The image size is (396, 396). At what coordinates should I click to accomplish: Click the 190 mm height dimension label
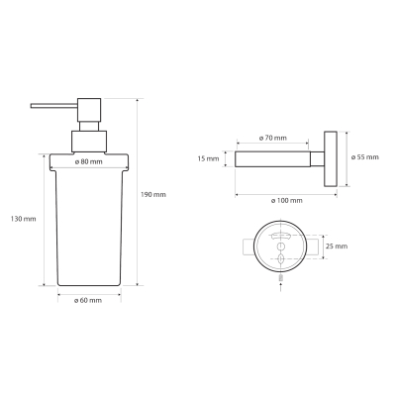(153, 195)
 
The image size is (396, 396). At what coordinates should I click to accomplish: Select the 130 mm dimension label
(23, 219)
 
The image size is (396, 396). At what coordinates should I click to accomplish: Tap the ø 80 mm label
(89, 161)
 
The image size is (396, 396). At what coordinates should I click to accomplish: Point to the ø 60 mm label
(88, 300)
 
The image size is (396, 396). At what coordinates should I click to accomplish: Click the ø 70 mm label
(273, 138)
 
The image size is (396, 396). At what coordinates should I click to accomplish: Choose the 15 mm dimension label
(208, 159)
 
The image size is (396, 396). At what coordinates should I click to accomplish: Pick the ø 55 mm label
(365, 157)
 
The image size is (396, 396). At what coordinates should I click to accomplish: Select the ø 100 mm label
(286, 200)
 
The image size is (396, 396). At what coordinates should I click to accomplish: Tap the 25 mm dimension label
(337, 247)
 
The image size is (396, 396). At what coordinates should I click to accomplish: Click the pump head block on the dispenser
(89, 110)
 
